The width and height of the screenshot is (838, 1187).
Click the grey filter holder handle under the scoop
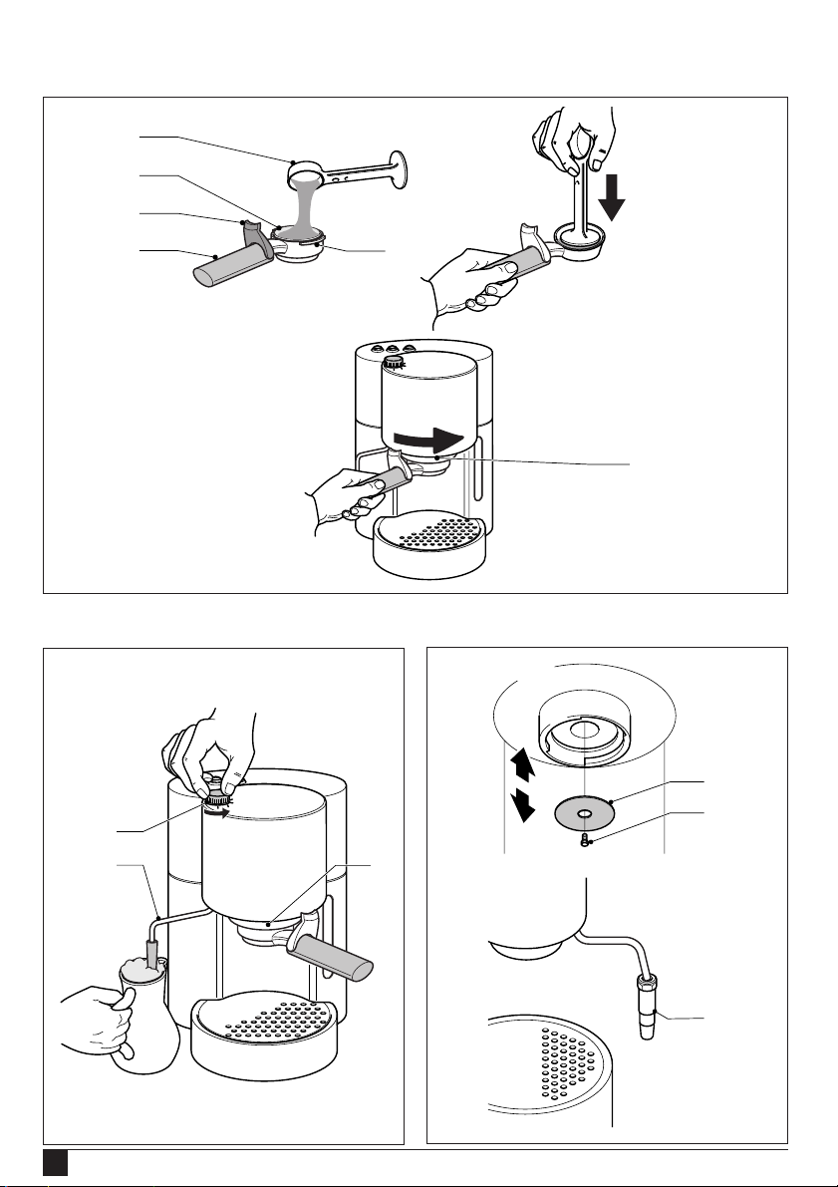(x=226, y=266)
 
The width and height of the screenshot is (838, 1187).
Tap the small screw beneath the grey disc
(x=587, y=839)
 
